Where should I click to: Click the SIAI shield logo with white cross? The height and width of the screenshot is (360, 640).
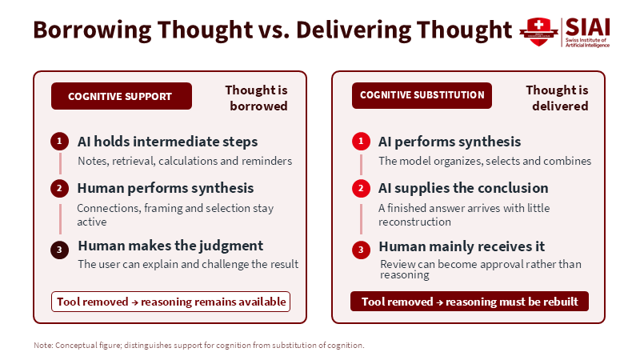538,32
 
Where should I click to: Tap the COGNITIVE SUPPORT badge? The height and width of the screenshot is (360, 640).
122,96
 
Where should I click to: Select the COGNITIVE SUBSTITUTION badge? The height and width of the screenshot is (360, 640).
422,95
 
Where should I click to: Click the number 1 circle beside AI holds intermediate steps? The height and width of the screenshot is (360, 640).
59,142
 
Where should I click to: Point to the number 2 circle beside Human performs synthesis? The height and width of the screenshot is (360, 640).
59,188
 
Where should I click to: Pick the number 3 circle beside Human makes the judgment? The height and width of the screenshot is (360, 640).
59,250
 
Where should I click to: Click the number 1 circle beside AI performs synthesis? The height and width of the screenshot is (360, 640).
361,142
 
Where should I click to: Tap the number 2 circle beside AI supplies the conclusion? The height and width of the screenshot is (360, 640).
361,188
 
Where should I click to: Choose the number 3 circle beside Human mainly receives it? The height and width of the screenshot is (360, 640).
361,250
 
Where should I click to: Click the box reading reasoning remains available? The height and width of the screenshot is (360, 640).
170,302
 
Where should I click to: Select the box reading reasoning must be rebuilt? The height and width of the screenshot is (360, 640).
470,302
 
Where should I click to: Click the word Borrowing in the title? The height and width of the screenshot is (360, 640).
92,30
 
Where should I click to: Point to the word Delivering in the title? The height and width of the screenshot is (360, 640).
354,30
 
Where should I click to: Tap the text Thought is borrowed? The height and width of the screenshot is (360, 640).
256,98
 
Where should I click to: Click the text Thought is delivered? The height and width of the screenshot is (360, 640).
557,98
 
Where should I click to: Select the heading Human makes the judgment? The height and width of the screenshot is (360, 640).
170,246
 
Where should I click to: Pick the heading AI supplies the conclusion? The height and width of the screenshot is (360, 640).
463,188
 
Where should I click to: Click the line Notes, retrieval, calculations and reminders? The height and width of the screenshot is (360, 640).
185,161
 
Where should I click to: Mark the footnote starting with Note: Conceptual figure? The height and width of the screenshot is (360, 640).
199,346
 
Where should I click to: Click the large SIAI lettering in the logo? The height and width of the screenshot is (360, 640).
588,27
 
